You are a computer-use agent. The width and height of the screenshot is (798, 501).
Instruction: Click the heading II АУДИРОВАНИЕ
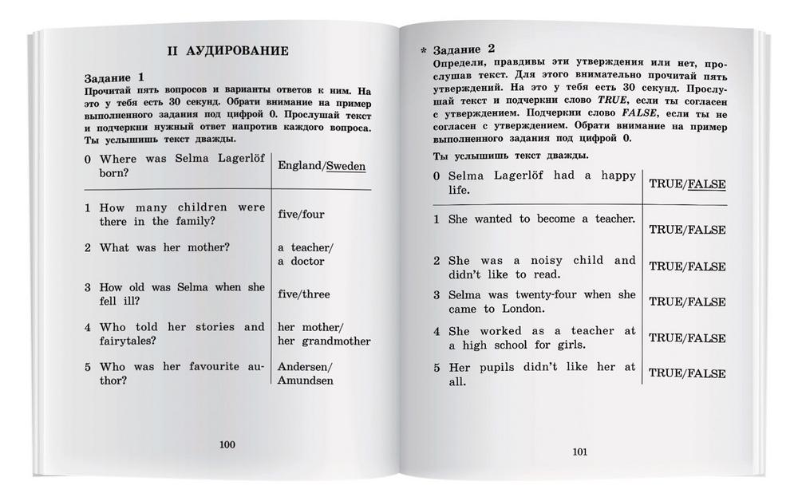pyautogui.click(x=227, y=51)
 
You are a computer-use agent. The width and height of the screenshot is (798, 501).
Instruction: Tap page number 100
pyautogui.click(x=227, y=444)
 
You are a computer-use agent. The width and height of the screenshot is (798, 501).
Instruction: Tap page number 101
pyautogui.click(x=580, y=452)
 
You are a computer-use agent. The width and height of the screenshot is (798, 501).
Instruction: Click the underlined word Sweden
pyautogui.click(x=346, y=166)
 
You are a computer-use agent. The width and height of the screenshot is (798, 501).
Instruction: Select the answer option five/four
pyautogui.click(x=301, y=214)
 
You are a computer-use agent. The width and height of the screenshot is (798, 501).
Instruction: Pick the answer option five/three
pyautogui.click(x=303, y=294)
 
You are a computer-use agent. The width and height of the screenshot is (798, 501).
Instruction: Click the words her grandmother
pyautogui.click(x=324, y=341)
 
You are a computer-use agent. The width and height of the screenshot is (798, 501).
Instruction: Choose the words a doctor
pyautogui.click(x=301, y=261)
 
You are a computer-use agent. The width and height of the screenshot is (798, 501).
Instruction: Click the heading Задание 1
pyautogui.click(x=114, y=77)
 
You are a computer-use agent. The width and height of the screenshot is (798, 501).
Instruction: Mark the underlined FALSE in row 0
pyautogui.click(x=706, y=184)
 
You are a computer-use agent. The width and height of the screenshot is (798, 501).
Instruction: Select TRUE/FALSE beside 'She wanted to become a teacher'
pyautogui.click(x=686, y=230)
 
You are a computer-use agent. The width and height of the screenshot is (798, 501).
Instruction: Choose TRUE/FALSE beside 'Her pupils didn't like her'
pyautogui.click(x=686, y=373)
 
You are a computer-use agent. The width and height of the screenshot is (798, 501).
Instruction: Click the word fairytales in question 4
pyautogui.click(x=128, y=341)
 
